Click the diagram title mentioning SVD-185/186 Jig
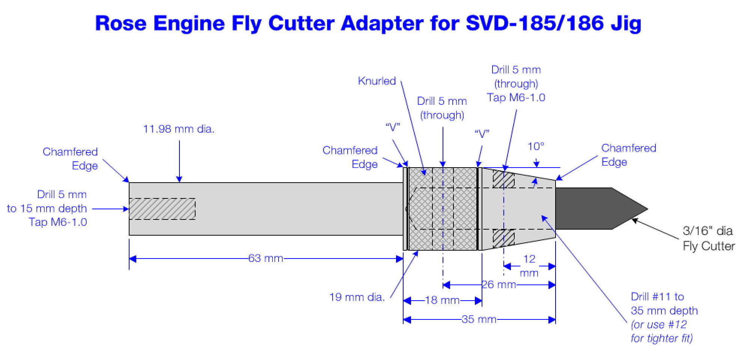coord(368,23)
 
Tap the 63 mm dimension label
coord(265,259)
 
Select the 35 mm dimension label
coord(479,319)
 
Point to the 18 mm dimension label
coord(442,300)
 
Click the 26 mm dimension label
coord(499,284)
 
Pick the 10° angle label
coord(536,147)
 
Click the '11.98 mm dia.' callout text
coord(179,129)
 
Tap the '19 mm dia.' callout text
coord(357,297)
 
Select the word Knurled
coord(377,81)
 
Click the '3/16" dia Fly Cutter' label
coord(709,238)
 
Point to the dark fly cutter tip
coord(602,209)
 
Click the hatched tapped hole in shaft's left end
coord(162,209)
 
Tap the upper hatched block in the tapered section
coord(503,180)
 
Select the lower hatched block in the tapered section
coord(503,238)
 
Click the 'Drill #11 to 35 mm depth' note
coord(664,304)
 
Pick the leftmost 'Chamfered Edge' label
coord(70,159)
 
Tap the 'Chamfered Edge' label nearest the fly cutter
coord(629,155)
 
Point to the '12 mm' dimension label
coord(529,266)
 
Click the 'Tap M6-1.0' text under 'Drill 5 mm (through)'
coord(516,98)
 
